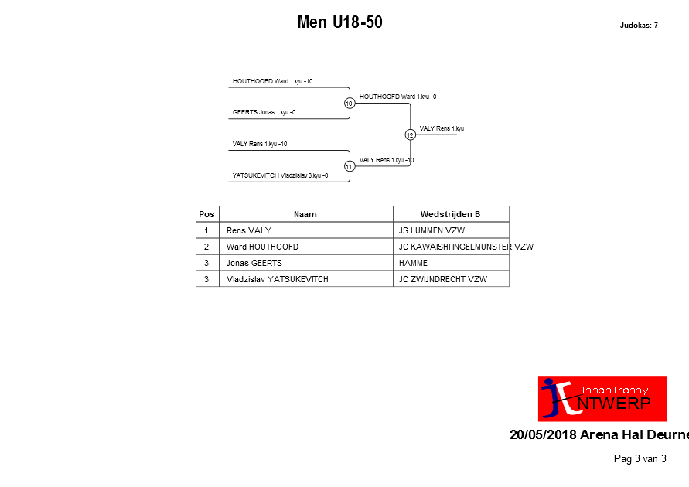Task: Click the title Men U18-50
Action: coord(339,22)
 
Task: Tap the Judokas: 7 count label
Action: coord(639,26)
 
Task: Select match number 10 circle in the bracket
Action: coord(350,103)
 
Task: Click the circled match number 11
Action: coord(350,166)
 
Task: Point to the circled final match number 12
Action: coord(410,135)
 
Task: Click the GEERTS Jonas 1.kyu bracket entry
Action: coord(264,112)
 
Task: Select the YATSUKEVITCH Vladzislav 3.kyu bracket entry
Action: coord(281,175)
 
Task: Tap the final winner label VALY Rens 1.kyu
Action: coord(442,128)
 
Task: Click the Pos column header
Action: coord(206,214)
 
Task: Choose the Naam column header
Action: coord(305,214)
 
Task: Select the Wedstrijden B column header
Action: coord(450,214)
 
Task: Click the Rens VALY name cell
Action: coord(249,230)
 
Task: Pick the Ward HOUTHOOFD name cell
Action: coord(262,247)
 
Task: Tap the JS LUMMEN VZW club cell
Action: coord(431,230)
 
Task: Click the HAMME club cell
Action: coord(413,263)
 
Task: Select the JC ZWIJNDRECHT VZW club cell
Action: coord(443,279)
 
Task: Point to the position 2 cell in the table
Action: coord(206,247)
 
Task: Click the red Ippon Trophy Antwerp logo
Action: coord(602,399)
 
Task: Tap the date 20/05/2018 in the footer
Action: coord(543,434)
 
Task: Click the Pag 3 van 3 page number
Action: coord(640,459)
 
